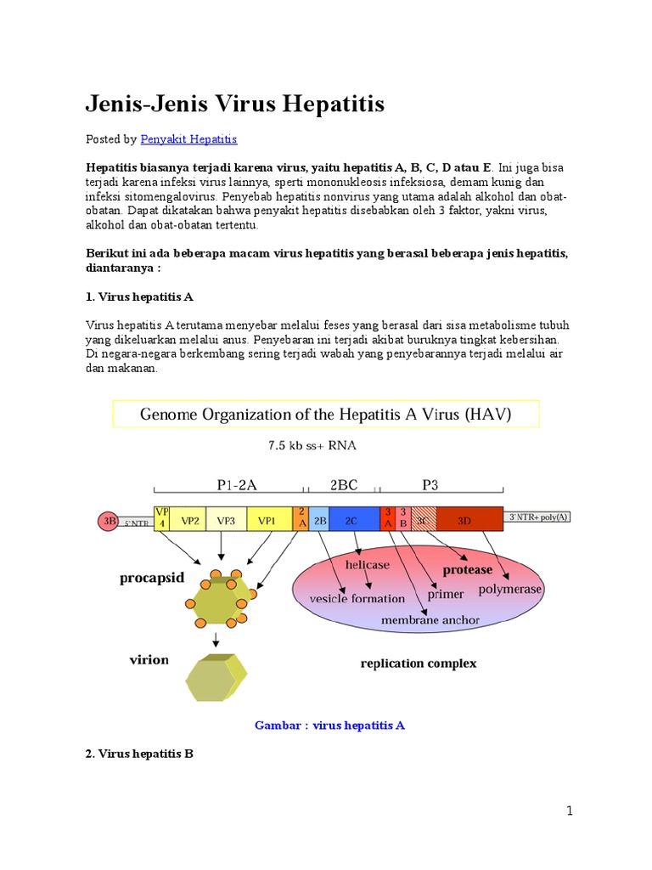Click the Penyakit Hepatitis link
(x=188, y=138)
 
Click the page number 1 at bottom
(x=570, y=811)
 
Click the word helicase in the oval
(x=367, y=564)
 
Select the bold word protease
(x=468, y=570)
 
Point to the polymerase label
(x=510, y=589)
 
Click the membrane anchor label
(x=430, y=620)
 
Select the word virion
(x=149, y=659)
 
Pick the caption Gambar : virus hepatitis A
(x=329, y=725)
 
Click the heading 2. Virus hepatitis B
(x=139, y=753)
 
